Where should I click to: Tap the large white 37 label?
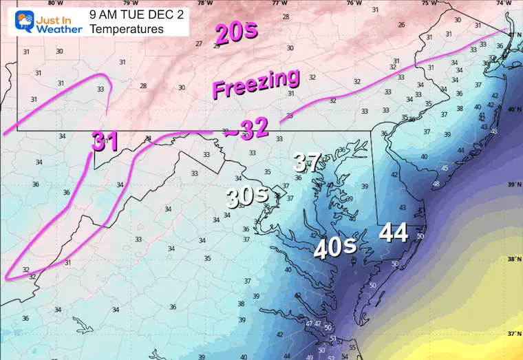[307, 162]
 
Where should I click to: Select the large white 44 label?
[394, 233]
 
